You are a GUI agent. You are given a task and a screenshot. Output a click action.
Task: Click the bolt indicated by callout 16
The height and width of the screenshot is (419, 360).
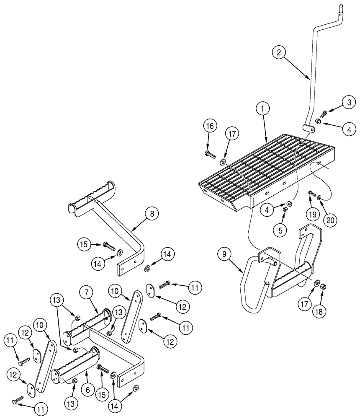click(210, 154)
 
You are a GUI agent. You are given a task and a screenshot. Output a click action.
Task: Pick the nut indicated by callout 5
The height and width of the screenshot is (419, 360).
click(284, 209)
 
